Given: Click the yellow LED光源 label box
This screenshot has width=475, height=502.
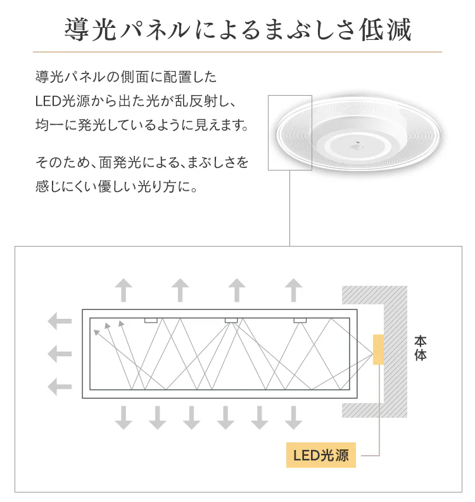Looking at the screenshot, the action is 321,455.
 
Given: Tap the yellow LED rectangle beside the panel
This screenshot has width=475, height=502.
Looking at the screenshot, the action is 378,349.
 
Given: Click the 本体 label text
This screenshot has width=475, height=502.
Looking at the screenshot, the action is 421,349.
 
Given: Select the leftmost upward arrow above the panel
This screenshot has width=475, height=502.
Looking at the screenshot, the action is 123,290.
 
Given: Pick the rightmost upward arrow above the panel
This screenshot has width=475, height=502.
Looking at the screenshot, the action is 293,290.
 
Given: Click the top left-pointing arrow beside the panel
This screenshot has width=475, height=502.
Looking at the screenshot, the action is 60,321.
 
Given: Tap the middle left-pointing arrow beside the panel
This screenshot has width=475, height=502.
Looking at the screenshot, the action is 60,354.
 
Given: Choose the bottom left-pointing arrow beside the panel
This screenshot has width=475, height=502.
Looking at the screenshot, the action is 60,387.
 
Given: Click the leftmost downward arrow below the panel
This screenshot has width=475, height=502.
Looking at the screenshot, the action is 123,418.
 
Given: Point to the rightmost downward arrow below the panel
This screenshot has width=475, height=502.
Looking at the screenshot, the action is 293,418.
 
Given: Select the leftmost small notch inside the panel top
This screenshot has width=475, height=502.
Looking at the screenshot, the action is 151,320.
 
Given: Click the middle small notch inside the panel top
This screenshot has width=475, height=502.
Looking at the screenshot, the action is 231,320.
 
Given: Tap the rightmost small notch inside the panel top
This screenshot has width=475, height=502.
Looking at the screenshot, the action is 300,320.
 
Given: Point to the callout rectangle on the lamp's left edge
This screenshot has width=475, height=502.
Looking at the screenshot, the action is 290,132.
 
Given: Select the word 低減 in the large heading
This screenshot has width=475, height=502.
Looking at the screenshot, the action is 385,30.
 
